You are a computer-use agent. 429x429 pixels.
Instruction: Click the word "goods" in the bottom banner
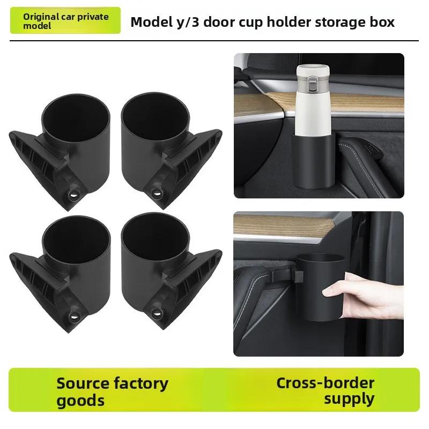coord(80,401)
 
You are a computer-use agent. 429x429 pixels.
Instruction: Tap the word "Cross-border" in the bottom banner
coord(325,383)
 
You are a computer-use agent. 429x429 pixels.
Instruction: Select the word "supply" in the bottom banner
coord(349,399)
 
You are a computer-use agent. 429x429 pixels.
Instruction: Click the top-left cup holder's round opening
coord(76,113)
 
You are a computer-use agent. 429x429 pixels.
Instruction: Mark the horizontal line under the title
coord(214,41)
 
